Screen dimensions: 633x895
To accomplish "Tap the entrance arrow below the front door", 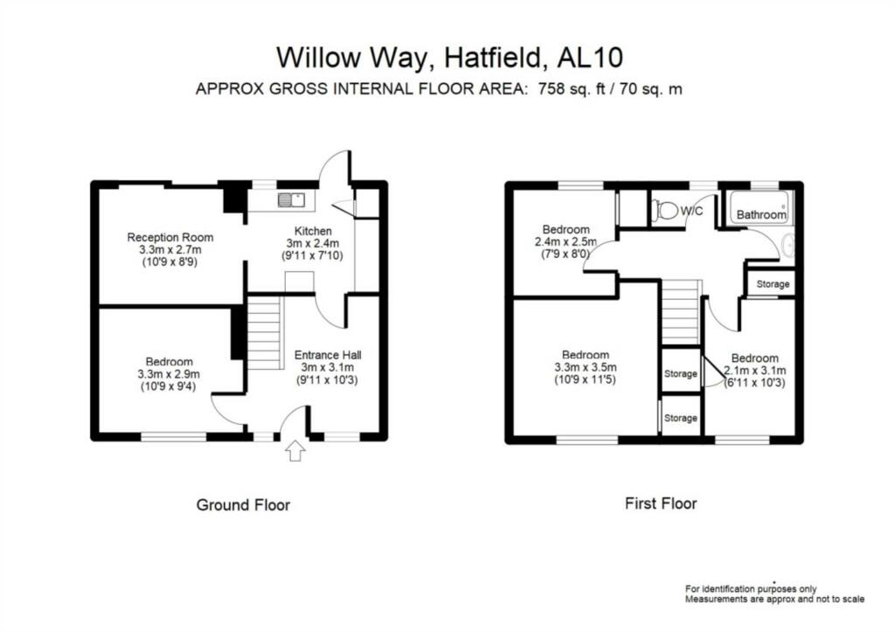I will click(x=295, y=450).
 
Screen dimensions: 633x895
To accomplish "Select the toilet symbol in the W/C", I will click(x=668, y=211).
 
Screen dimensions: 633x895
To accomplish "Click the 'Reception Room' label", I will click(x=170, y=237).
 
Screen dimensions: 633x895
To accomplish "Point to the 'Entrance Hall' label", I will click(x=328, y=355).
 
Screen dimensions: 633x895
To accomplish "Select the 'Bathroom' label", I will click(x=760, y=214).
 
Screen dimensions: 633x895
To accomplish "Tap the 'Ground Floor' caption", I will click(x=242, y=504).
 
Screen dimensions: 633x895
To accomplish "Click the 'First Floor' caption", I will click(x=661, y=503).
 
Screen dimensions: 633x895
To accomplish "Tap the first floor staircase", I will click(x=680, y=312).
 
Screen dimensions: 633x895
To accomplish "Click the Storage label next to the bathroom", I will click(x=773, y=284).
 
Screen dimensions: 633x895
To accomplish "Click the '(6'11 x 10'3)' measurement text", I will click(x=754, y=383).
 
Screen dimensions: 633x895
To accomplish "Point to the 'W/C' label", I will click(x=692, y=211).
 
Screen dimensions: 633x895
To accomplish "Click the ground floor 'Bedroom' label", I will click(x=170, y=361).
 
